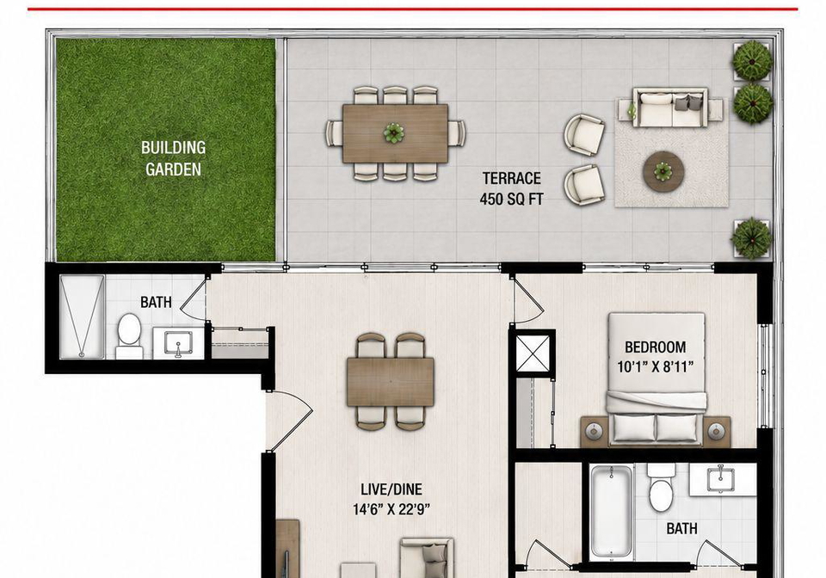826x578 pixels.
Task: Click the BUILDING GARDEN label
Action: click(173, 158)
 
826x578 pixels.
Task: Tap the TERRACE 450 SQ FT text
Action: click(511, 188)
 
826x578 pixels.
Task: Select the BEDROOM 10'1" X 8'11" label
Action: click(656, 356)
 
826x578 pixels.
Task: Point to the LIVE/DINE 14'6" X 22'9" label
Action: click(391, 499)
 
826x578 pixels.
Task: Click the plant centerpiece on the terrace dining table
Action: click(394, 133)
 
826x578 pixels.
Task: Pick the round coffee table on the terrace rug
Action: click(663, 171)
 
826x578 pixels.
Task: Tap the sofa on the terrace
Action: click(670, 108)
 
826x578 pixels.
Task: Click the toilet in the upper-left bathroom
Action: click(128, 335)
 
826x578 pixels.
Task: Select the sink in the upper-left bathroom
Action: click(178, 342)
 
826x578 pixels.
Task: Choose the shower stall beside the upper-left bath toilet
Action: click(82, 317)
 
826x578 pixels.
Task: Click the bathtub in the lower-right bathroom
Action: click(611, 511)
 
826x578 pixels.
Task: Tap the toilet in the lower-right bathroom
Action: click(661, 488)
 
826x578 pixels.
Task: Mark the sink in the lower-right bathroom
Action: click(723, 479)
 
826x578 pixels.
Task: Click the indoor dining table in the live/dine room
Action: click(391, 381)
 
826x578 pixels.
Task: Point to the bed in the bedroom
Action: click(656, 378)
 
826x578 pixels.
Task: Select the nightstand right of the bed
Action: click(717, 432)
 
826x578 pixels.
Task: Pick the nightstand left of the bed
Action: click(595, 432)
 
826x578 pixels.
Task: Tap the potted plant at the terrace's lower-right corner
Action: click(752, 238)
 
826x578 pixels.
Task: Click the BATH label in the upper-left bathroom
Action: click(156, 302)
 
